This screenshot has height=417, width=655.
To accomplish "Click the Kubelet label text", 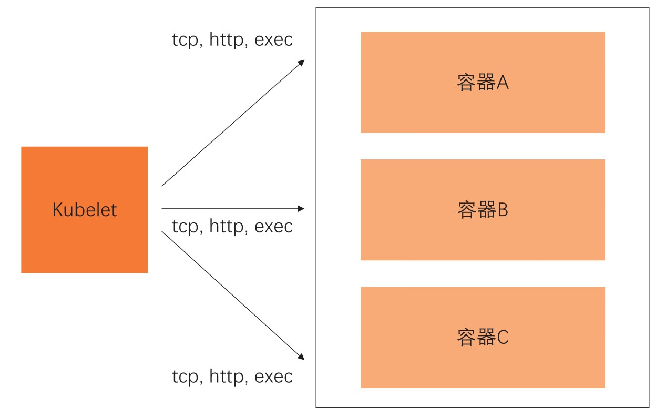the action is click(x=84, y=210).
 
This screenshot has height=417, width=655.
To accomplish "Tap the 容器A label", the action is click(x=483, y=83).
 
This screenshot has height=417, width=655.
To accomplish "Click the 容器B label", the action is click(x=483, y=210).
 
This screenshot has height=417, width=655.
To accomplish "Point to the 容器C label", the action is click(x=483, y=337).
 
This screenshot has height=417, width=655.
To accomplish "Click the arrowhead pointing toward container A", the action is click(x=302, y=62).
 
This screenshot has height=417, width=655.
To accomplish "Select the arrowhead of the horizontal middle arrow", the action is click(x=301, y=209).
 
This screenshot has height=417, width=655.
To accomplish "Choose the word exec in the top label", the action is click(x=273, y=40).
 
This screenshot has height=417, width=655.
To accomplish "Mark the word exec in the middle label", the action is click(x=273, y=227).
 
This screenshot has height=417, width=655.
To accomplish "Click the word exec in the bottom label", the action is click(x=273, y=377).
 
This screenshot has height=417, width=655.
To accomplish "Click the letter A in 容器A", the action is click(x=503, y=83).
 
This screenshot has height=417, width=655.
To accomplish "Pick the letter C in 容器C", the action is click(x=503, y=337).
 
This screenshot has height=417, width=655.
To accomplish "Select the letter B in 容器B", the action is click(x=503, y=210).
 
